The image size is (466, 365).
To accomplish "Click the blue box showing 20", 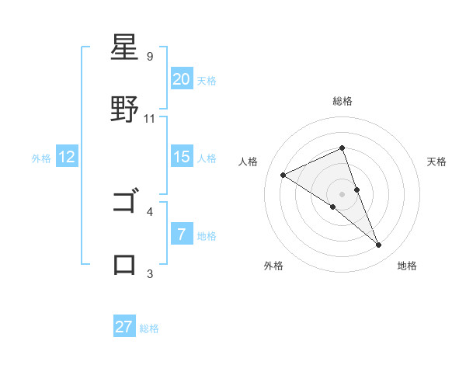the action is [x=181, y=79].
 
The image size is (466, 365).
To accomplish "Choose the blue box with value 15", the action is [x=181, y=157].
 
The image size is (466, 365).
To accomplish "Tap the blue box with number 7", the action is [x=181, y=234].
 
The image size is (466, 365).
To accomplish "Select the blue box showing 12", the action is [x=67, y=157].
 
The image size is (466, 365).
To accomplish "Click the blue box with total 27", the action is [x=124, y=327].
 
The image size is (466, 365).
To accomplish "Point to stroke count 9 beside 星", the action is [x=149, y=56].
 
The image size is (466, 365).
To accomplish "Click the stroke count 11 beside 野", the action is [x=150, y=118].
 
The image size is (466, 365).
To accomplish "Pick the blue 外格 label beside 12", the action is [x=41, y=158].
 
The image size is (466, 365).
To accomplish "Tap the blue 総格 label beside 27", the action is [x=149, y=328].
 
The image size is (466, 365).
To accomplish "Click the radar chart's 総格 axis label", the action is [x=343, y=101].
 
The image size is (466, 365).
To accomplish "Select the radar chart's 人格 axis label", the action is [x=249, y=162].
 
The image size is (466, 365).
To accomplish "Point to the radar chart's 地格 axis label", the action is [x=407, y=266].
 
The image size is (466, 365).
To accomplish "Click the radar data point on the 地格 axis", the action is [x=379, y=245].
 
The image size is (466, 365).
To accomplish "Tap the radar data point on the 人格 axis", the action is [x=283, y=175].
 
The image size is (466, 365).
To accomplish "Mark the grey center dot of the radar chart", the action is [x=342, y=193].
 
